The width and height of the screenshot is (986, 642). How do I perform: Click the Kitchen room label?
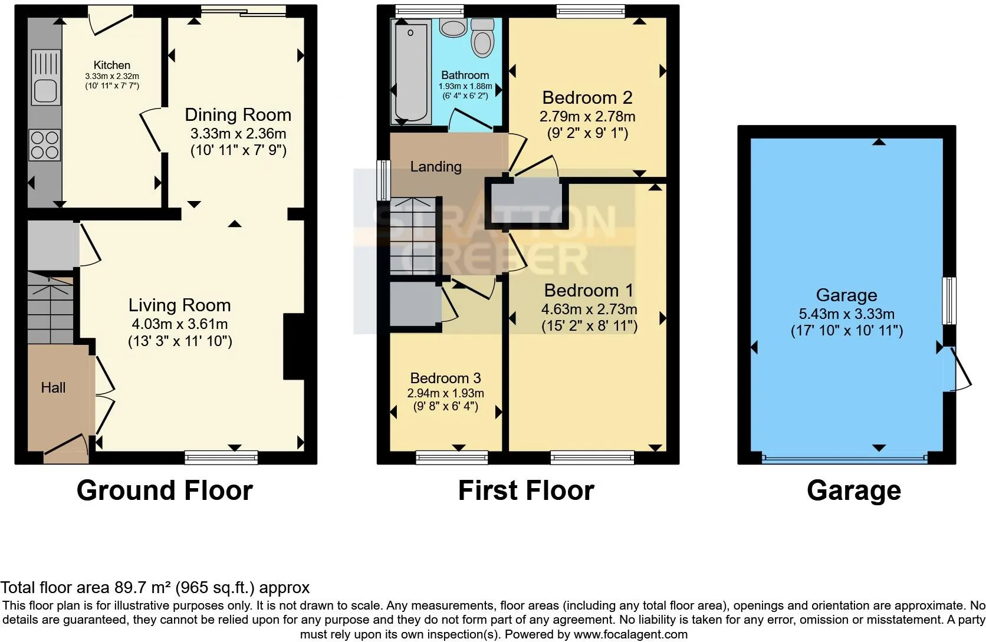pyautogui.click(x=112, y=65)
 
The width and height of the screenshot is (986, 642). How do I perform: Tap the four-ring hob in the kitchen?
pyautogui.click(x=45, y=145)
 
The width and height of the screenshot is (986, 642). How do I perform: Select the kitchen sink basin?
pyautogui.click(x=46, y=91)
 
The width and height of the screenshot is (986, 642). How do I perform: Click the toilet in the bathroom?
pyautogui.click(x=482, y=38)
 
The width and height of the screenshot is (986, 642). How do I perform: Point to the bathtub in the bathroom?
pyautogui.click(x=411, y=72)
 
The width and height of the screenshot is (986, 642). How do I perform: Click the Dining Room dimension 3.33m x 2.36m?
pyautogui.click(x=238, y=133)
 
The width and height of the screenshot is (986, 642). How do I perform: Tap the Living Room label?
pyautogui.click(x=180, y=305)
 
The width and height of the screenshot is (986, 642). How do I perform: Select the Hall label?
pyautogui.click(x=53, y=388)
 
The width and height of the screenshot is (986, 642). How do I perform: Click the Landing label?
pyautogui.click(x=436, y=167)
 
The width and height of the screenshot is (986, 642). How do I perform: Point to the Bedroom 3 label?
pyautogui.click(x=445, y=378)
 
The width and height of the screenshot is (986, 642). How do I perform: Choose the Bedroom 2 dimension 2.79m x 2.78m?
pyautogui.click(x=587, y=117)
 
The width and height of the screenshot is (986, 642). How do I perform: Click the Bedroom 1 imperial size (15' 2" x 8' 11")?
pyautogui.click(x=589, y=326)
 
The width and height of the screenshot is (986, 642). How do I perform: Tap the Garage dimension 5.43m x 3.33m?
pyautogui.click(x=846, y=314)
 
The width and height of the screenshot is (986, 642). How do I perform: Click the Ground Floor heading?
pyautogui.click(x=165, y=490)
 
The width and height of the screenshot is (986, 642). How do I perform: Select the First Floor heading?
pyautogui.click(x=526, y=490)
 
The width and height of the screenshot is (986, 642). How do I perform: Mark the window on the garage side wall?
pyautogui.click(x=949, y=301)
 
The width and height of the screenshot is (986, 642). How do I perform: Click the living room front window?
pyautogui.click(x=221, y=457)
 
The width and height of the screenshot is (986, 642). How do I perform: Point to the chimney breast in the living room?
pyautogui.click(x=294, y=346)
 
